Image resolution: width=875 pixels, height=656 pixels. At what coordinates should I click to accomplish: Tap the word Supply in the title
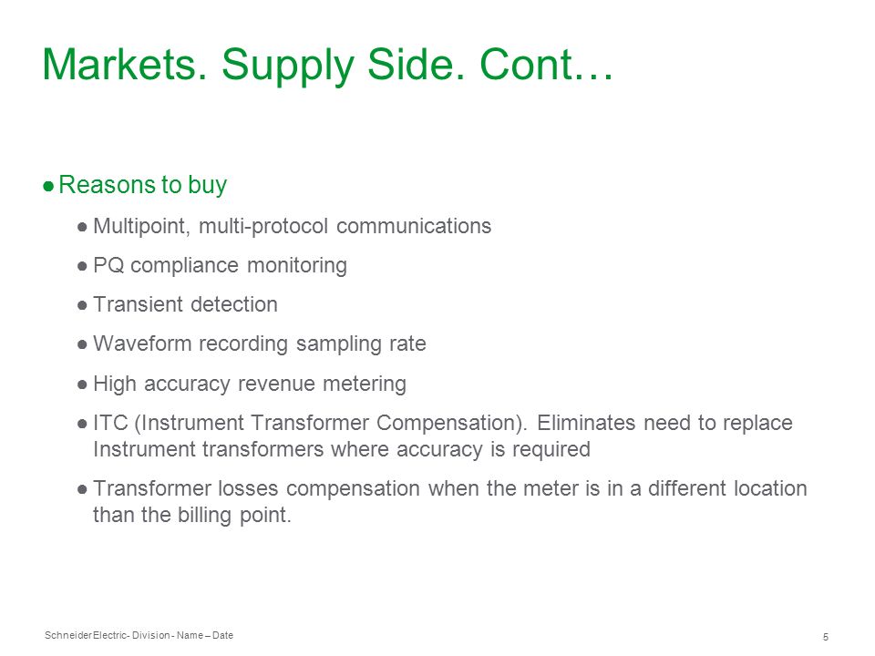pos(288,67)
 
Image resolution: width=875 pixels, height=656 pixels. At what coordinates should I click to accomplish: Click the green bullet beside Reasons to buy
pos(48,186)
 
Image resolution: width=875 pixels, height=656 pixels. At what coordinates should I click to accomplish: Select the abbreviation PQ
pos(108,265)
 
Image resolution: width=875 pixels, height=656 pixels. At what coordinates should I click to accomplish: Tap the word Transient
pos(138,304)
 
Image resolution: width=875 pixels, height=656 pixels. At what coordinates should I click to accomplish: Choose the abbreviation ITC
pos(110,423)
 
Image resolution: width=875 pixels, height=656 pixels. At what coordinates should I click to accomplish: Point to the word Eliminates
pos(586,423)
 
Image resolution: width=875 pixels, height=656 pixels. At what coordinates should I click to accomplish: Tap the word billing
pos(204,515)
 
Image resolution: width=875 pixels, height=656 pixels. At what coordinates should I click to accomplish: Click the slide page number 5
pos(826,637)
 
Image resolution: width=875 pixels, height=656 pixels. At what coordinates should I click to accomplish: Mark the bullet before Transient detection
pos(83,305)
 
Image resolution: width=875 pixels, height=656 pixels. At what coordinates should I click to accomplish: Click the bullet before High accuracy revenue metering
pos(83,384)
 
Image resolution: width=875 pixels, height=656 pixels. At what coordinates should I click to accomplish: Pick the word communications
pos(414,227)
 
